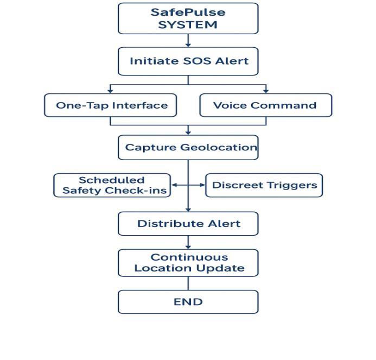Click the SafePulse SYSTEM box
(188, 18)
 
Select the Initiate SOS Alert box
(188, 61)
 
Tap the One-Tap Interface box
(111, 105)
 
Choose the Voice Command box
(265, 105)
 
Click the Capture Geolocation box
(188, 147)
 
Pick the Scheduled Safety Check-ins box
(112, 185)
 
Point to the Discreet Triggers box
(264, 185)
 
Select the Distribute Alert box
(188, 223)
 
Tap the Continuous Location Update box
(188, 263)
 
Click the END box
(188, 302)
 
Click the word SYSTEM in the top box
(188, 25)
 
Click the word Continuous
(189, 257)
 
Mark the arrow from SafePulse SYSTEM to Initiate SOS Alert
(188, 41)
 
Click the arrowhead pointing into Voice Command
(266, 90)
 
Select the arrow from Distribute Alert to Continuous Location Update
(188, 242)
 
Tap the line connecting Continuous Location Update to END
(188, 283)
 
